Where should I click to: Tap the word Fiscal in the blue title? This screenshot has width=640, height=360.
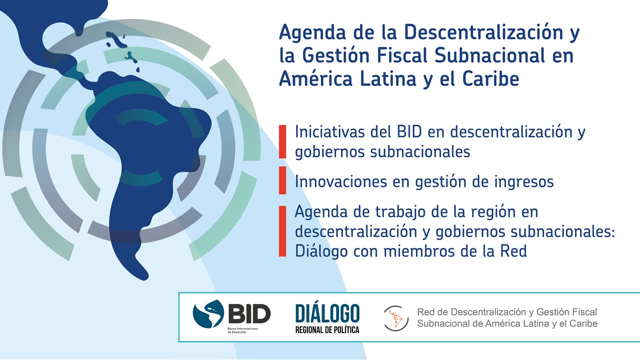pyautogui.click(x=402, y=55)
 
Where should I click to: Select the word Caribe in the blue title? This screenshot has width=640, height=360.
pyautogui.click(x=490, y=78)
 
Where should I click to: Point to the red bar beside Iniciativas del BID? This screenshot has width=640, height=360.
pyautogui.click(x=282, y=141)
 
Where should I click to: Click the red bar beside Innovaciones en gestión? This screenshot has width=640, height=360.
pyautogui.click(x=282, y=180)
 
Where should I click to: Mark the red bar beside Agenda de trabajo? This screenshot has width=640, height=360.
pyautogui.click(x=282, y=231)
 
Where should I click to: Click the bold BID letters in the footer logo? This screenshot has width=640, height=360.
pyautogui.click(x=249, y=313)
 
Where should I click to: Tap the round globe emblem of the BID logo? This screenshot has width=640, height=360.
pyautogui.click(x=208, y=313)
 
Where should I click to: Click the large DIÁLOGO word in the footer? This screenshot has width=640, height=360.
pyautogui.click(x=327, y=313)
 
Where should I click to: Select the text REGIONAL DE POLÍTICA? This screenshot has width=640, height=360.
pyautogui.click(x=327, y=330)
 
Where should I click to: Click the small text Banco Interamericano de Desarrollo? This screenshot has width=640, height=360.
pyautogui.click(x=243, y=330)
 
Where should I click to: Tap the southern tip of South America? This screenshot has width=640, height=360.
pyautogui.click(x=145, y=277)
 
